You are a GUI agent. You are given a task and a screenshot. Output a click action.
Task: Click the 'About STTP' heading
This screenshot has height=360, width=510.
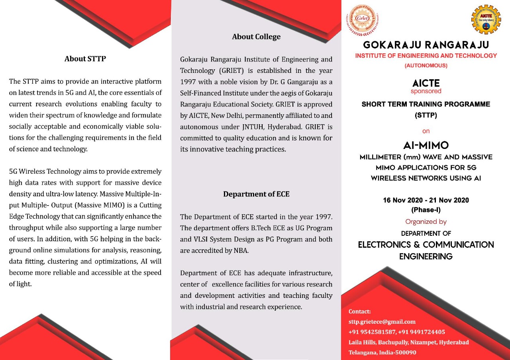[85, 59]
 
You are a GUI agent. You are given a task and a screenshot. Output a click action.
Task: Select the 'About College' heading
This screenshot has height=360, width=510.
[256, 37]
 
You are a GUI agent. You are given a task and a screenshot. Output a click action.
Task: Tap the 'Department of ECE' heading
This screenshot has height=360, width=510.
[256, 194]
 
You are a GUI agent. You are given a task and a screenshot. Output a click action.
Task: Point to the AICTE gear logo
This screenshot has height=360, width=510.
[486, 19]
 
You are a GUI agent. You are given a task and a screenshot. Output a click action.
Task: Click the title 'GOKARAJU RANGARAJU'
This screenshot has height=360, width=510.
[426, 45]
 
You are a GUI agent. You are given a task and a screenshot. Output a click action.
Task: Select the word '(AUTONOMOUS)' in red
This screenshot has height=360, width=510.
[426, 66]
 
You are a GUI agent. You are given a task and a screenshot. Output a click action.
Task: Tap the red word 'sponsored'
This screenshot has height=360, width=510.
[426, 91]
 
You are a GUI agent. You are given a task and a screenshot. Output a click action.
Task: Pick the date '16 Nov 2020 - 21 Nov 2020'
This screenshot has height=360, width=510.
[426, 200]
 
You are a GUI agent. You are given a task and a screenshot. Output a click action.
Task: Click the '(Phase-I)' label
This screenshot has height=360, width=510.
[426, 209]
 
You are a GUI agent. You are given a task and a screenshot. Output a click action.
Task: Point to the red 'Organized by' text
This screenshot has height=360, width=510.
[426, 222]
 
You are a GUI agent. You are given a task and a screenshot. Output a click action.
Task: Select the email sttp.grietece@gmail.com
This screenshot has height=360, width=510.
[382, 322]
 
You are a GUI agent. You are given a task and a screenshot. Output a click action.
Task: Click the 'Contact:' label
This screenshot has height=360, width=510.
[359, 311]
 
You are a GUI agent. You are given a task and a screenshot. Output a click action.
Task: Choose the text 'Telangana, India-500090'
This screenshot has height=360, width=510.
[382, 352]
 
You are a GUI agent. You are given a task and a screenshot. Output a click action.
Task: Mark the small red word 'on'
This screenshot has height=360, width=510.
[426, 131]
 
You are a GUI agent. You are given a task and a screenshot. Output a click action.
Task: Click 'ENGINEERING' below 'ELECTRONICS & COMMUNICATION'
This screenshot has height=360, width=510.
[426, 256]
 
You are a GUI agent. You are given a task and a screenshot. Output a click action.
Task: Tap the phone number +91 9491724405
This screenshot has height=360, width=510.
[422, 332]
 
